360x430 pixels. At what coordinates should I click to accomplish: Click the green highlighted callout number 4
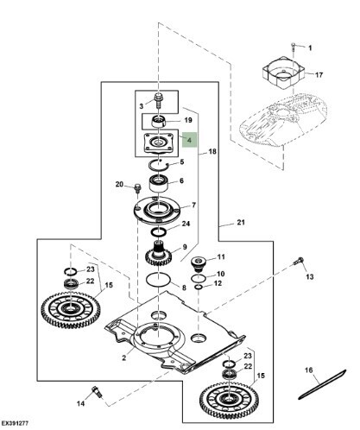pyautogui.click(x=189, y=141)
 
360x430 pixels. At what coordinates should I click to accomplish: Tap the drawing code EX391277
pyautogui.click(x=15, y=423)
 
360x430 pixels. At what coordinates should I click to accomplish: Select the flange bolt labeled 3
pyautogui.click(x=159, y=100)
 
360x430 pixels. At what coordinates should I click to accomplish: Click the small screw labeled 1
pyautogui.click(x=294, y=47)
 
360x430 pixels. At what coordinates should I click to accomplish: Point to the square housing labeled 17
pyautogui.click(x=283, y=73)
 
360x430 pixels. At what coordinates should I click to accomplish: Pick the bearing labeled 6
pyautogui.click(x=158, y=183)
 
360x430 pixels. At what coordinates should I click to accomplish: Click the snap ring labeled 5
pyautogui.click(x=159, y=165)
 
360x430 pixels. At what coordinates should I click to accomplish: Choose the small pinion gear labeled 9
pyautogui.click(x=158, y=254)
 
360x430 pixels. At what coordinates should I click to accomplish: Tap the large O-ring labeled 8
pyautogui.click(x=158, y=279)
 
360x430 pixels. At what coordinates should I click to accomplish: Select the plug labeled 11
pyautogui.click(x=199, y=263)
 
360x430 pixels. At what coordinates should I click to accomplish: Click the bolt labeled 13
pyautogui.click(x=299, y=261)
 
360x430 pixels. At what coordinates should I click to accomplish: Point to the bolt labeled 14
pyautogui.click(x=97, y=392)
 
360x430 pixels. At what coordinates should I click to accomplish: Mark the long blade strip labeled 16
pyautogui.click(x=322, y=384)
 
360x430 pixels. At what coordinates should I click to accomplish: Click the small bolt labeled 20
pyautogui.click(x=137, y=189)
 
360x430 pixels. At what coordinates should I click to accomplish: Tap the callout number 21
pyautogui.click(x=241, y=223)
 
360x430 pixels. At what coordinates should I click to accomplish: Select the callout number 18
pyautogui.click(x=212, y=151)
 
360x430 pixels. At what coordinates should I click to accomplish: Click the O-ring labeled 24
pyautogui.click(x=159, y=231)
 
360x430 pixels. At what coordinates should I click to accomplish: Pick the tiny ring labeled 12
pyautogui.click(x=199, y=287)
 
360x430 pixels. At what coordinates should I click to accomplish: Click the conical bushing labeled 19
pyautogui.click(x=159, y=121)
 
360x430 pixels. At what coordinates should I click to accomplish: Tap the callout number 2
pyautogui.click(x=124, y=357)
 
